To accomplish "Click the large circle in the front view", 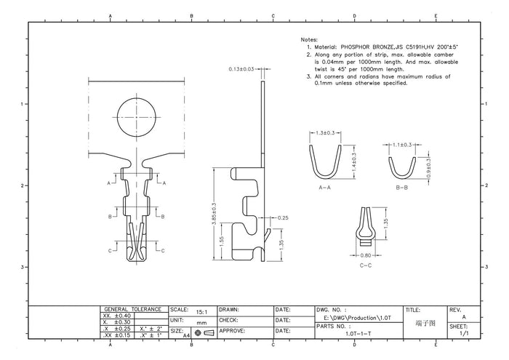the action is tap(137, 117).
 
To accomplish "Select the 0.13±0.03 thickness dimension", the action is tap(241, 69).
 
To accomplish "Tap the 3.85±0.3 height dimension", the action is tap(215, 214).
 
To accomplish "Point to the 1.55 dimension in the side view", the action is tap(221, 241).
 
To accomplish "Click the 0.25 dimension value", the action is tap(283, 217).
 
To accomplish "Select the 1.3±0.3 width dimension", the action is tap(324, 133).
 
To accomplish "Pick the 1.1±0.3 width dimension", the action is tap(402, 145).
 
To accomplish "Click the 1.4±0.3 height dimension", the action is tap(354, 162).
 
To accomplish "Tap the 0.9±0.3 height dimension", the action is tap(428, 168).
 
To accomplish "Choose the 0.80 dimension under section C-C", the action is tap(366, 255).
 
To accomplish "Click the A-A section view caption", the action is tap(324, 188).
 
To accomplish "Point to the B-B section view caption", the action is tap(402, 188).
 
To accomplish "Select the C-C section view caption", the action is tap(366, 265).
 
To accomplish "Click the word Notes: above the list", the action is tap(309, 39).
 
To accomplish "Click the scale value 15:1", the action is tap(201, 312).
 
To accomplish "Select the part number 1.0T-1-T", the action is tap(358, 334).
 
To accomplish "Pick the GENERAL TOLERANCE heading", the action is tap(133, 309).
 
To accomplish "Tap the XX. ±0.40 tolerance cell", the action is tap(117, 316).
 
